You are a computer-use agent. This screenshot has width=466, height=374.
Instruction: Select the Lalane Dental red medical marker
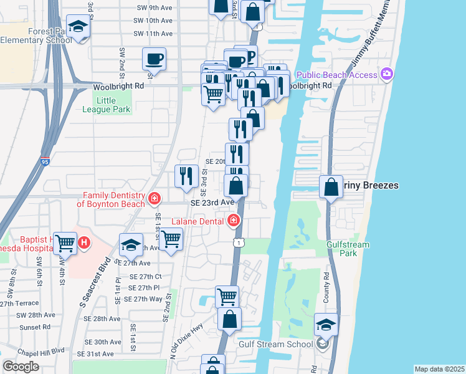(x=234, y=219)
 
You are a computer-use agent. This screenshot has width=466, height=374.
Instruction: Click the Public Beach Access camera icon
(x=388, y=75)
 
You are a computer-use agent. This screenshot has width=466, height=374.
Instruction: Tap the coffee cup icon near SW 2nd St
(x=154, y=59)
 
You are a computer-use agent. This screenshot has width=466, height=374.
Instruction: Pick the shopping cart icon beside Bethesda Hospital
(x=65, y=243)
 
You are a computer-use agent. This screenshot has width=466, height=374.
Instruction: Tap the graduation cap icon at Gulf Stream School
(x=326, y=324)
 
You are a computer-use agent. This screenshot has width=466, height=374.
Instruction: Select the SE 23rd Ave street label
(x=212, y=203)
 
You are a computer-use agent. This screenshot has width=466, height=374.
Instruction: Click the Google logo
(x=21, y=367)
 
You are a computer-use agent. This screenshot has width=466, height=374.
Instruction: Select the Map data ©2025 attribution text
(x=439, y=369)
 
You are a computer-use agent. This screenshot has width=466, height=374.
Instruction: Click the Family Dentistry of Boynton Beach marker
(x=155, y=199)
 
